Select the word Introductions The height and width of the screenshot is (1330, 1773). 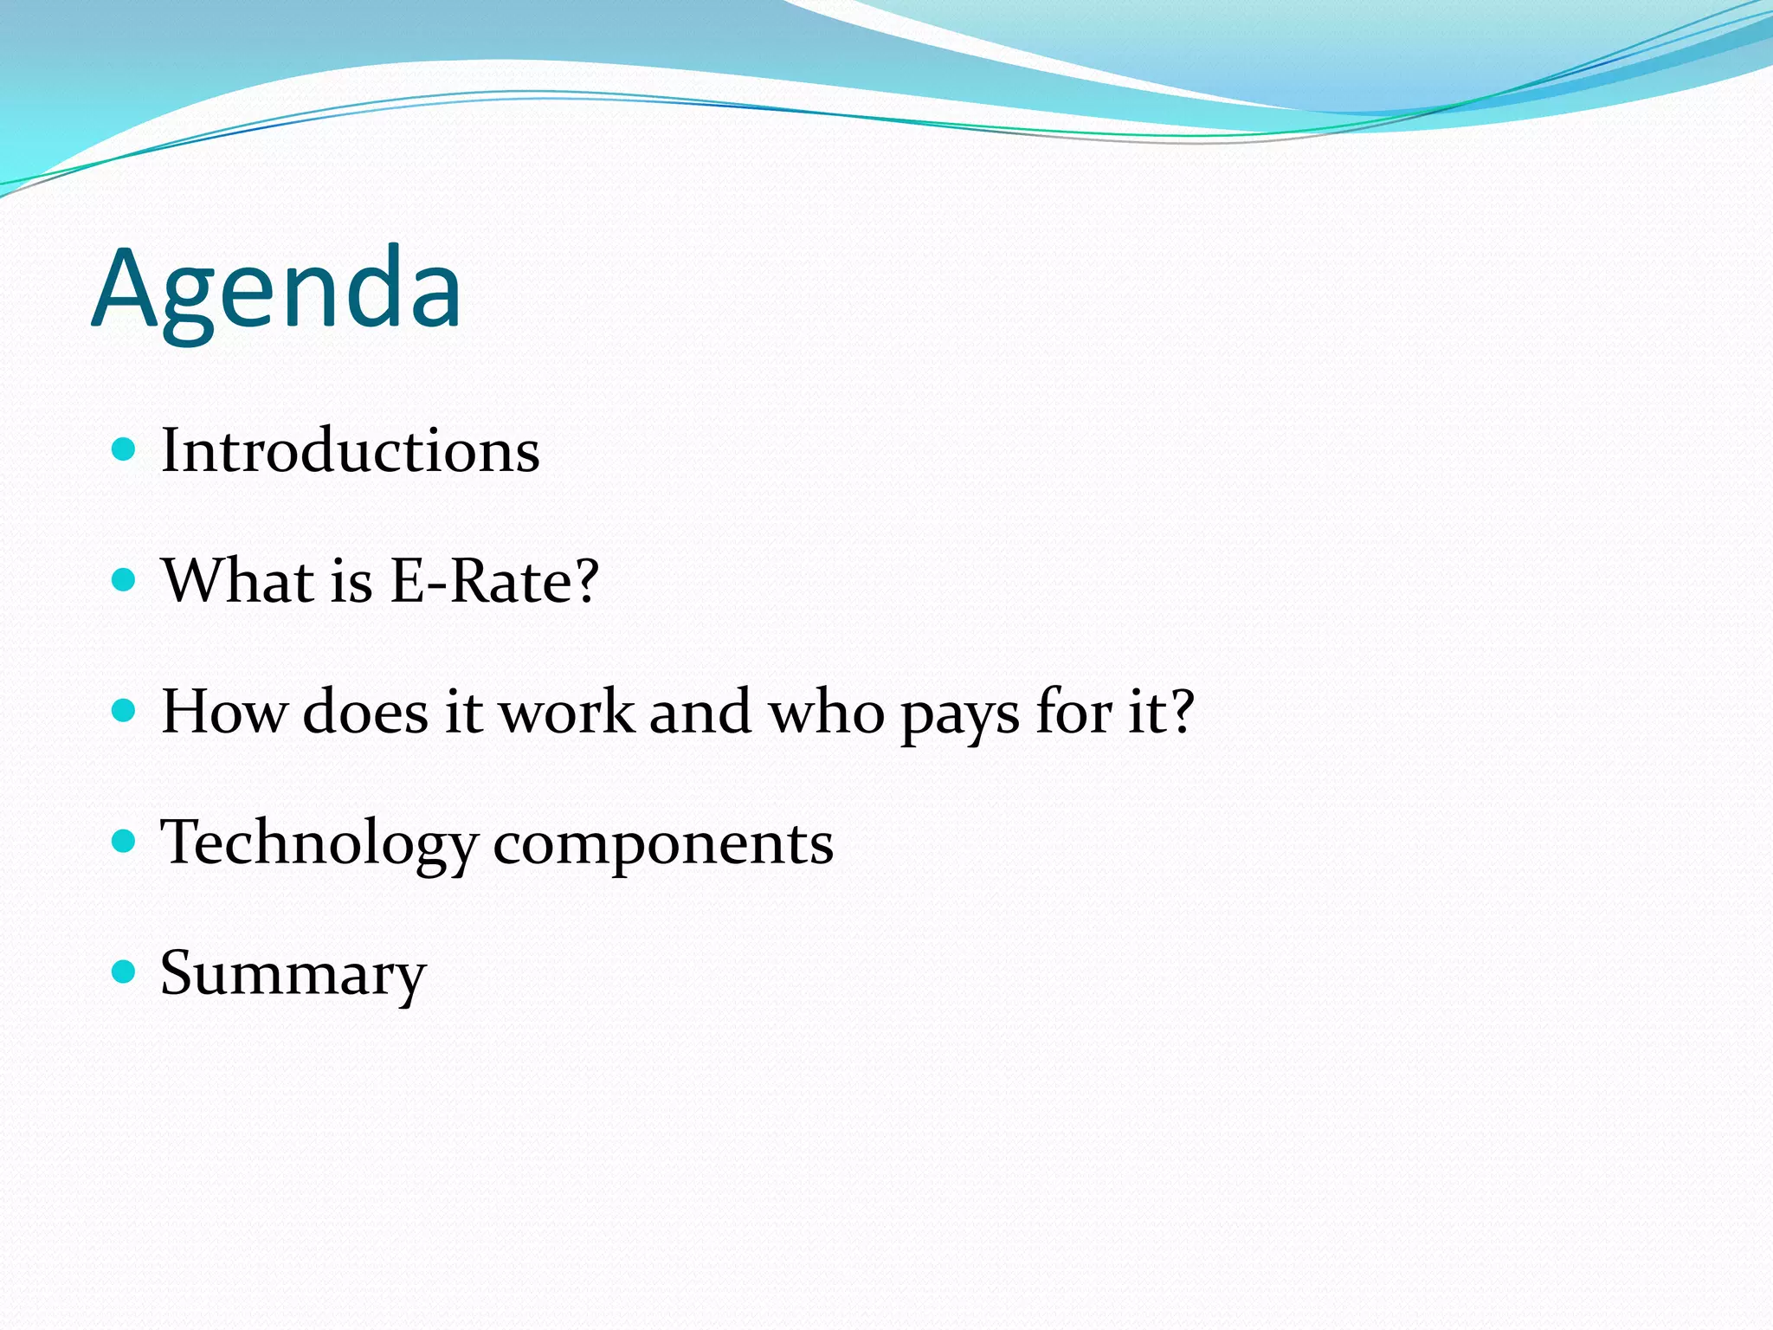point(351,451)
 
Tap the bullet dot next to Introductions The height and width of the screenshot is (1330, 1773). point(125,449)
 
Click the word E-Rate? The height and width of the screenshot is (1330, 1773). point(494,581)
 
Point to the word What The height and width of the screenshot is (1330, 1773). point(238,581)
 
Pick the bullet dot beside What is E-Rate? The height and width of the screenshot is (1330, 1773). point(125,579)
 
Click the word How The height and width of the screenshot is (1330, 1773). point(223,712)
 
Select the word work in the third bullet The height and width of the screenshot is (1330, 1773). point(567,712)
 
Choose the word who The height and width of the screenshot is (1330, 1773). point(827,712)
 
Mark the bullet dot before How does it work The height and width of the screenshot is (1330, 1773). point(125,710)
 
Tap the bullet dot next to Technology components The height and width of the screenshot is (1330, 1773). point(125,841)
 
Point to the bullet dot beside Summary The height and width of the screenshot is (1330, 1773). point(125,971)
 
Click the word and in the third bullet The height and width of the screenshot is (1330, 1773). point(700,712)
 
